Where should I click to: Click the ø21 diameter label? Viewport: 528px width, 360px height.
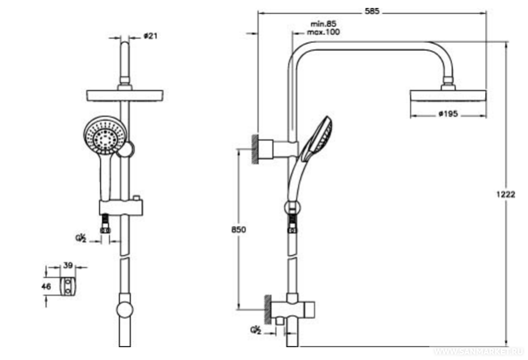(150, 36)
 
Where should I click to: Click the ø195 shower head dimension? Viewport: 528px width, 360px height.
(450, 113)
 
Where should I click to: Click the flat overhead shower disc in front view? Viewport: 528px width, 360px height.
(125, 95)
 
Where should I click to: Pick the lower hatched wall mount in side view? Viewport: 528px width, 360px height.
(268, 306)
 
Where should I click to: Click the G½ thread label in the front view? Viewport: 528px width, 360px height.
(81, 238)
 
